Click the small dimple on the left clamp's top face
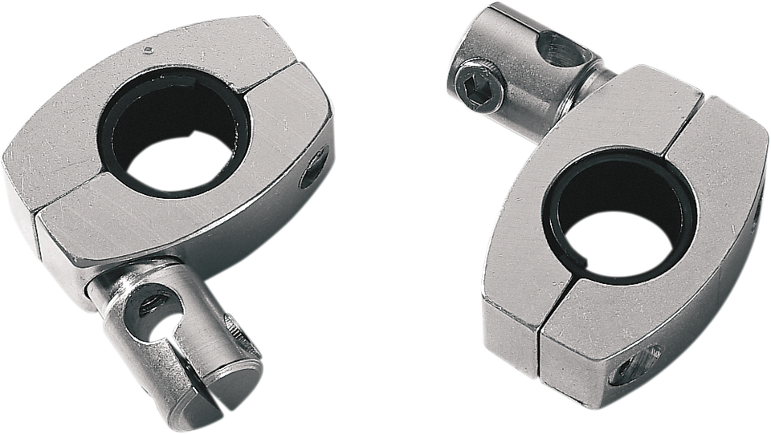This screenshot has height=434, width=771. [147, 49]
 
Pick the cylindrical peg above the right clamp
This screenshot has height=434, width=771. [514, 64]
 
